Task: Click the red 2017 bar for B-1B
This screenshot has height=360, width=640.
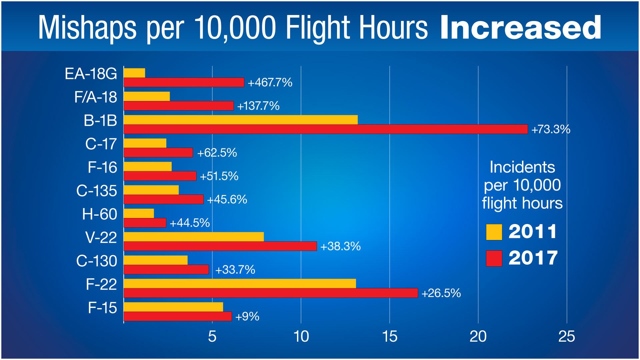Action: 326,129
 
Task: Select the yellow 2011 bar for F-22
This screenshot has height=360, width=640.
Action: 240,284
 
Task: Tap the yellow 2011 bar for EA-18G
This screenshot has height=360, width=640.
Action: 134,73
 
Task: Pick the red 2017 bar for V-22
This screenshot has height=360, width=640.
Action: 220,246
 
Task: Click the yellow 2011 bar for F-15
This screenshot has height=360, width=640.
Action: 173,307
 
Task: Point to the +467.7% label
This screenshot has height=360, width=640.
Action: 270,82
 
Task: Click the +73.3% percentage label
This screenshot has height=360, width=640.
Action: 551,129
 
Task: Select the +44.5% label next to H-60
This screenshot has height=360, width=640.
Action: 190,223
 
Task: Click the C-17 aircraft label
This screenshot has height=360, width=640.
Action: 101,144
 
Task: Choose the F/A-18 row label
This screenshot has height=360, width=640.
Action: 96,97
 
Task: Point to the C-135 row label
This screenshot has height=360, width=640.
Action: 97,191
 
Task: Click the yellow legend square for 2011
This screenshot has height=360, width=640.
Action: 494,232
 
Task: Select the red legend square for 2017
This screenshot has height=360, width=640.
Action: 494,258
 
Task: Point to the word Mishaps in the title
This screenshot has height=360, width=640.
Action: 87,28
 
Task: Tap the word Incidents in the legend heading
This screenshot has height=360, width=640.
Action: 522,167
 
